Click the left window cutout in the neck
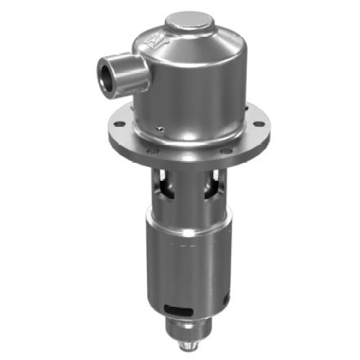click(166, 189)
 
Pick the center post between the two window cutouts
click(189, 191)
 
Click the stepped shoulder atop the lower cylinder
click(189, 220)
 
